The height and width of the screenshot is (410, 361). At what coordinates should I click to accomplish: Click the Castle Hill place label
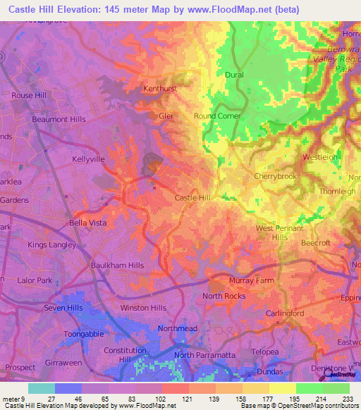pos(192,199)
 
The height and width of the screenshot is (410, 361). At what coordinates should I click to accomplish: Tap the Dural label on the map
pos(234,74)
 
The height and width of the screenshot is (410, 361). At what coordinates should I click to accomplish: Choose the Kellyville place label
pos(88,159)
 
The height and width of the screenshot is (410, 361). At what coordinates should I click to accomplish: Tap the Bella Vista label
pos(87,223)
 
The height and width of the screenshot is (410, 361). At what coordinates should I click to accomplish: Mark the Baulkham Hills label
pos(117,266)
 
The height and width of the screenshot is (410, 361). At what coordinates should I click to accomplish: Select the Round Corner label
pos(217,116)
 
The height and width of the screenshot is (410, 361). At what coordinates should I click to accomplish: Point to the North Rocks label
pos(224,296)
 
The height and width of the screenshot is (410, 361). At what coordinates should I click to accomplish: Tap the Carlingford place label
pos(284,312)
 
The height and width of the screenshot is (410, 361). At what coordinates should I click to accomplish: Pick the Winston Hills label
pos(143,308)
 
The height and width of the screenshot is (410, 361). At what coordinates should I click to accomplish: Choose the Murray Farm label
pos(250,280)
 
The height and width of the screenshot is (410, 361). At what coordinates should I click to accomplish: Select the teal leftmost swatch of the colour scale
pos(42,388)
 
